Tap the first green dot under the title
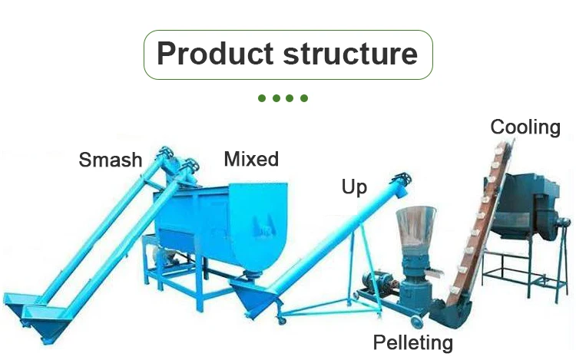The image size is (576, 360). click(x=262, y=98)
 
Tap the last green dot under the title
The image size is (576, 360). click(x=304, y=98)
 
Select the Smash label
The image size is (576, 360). click(x=111, y=160)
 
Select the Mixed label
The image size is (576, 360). click(x=251, y=159)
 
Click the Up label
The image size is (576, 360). click(x=354, y=186)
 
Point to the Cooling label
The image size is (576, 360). click(x=525, y=127)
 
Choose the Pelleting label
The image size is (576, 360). click(x=413, y=342)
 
